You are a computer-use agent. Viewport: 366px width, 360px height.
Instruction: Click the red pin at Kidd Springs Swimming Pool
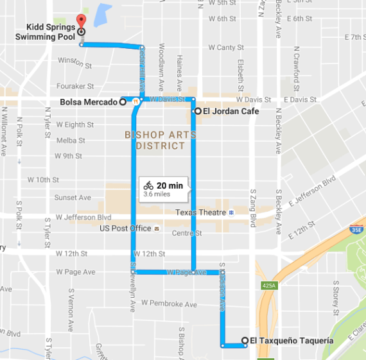(x=80, y=21)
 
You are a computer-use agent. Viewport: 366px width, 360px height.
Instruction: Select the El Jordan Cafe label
(x=231, y=112)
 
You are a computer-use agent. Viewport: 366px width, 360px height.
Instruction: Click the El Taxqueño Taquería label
(x=291, y=341)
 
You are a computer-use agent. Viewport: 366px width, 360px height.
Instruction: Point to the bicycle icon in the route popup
(x=148, y=185)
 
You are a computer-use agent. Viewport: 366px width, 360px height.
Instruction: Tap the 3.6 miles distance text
(x=158, y=194)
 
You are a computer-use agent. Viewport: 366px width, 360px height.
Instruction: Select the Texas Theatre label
(x=200, y=212)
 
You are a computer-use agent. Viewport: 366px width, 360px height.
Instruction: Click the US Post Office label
(x=126, y=228)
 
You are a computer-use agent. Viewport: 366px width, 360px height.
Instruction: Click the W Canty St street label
(x=222, y=47)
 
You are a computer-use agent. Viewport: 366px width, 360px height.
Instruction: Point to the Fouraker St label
(x=76, y=86)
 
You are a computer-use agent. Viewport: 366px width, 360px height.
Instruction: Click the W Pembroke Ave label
(x=170, y=303)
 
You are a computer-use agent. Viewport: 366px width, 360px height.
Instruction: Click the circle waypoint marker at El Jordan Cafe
(x=197, y=112)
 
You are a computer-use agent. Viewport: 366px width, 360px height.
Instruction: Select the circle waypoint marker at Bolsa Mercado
(x=122, y=102)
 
